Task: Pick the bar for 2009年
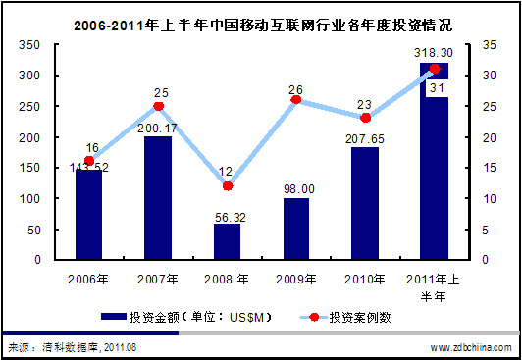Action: click(296, 230)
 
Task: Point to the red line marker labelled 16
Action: click(89, 161)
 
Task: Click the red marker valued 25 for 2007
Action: click(158, 106)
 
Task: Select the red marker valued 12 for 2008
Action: click(228, 185)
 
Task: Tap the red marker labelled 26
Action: click(296, 100)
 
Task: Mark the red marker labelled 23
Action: click(365, 118)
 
